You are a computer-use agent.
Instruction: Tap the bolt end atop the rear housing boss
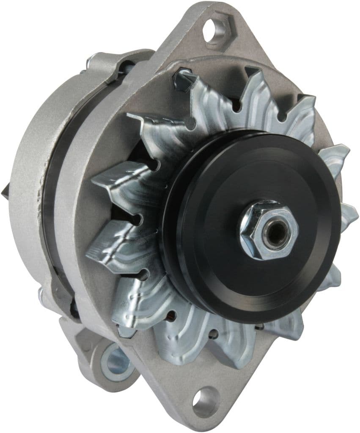pyautogui.click(x=90, y=61)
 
